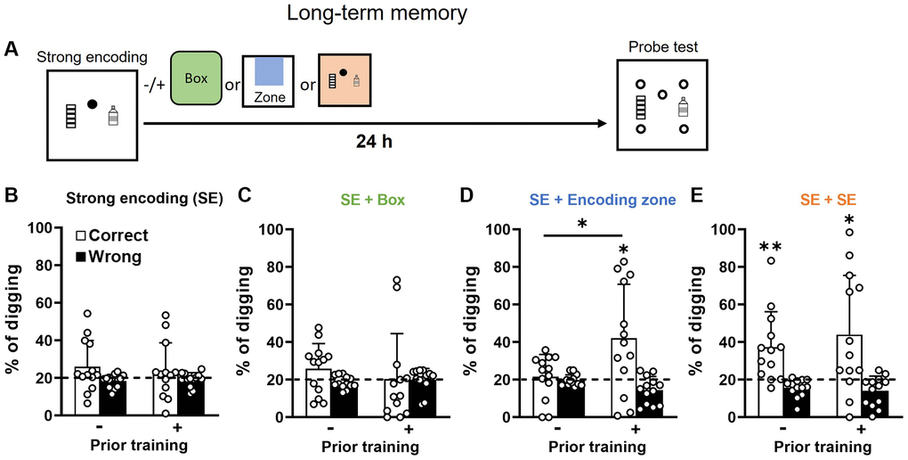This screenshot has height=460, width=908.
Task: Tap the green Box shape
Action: [x=196, y=78]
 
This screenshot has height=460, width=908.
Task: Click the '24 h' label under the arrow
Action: [x=369, y=140]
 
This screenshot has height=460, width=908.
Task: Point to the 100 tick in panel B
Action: [x=39, y=228]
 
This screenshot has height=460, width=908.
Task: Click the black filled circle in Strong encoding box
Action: [x=92, y=104]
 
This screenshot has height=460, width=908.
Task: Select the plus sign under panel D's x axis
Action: [x=637, y=430]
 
